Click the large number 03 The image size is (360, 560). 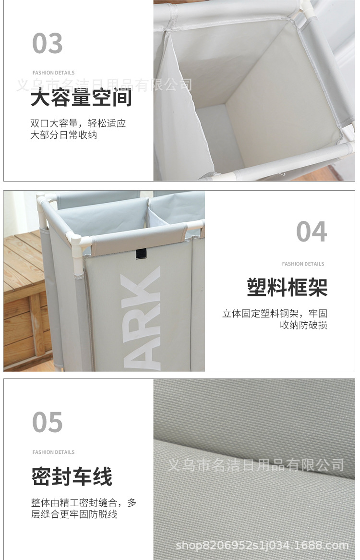(48, 43)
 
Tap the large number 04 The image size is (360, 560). (312, 232)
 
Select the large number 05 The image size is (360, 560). (48, 423)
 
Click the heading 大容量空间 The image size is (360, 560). (81, 97)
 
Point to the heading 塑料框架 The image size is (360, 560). (287, 287)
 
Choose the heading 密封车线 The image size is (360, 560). (72, 477)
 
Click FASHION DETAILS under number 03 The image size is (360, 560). (53, 73)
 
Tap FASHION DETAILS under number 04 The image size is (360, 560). (303, 264)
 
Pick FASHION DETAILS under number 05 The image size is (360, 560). (53, 452)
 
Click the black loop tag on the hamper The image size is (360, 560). (141, 254)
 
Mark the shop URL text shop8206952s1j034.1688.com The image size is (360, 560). (262, 545)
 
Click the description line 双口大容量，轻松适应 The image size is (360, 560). (78, 123)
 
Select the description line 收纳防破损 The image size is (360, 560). (303, 325)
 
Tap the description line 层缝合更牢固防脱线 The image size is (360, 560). (74, 514)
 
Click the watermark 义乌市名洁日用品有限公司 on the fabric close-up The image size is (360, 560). (255, 464)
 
